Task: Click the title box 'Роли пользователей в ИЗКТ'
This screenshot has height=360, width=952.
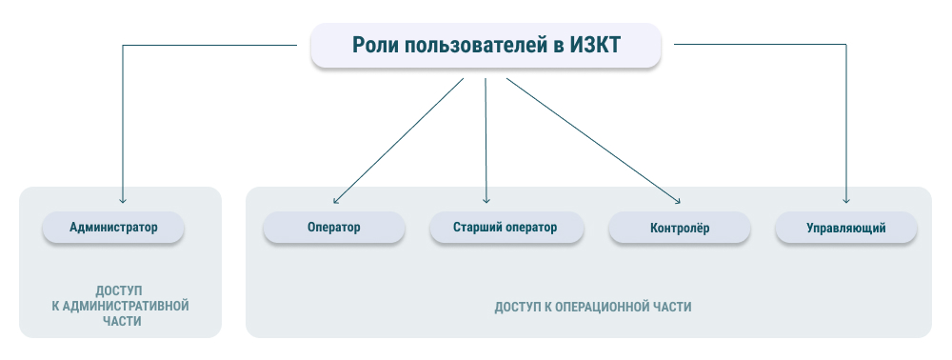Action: (x=486, y=46)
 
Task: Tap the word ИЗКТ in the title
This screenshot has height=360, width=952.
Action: (x=595, y=46)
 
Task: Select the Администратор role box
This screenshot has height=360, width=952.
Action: (x=113, y=228)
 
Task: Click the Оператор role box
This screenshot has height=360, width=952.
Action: (x=334, y=228)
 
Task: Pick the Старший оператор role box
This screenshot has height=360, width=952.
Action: (x=506, y=228)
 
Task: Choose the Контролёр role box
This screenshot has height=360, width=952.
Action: (x=680, y=229)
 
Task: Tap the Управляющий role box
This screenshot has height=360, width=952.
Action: (x=845, y=229)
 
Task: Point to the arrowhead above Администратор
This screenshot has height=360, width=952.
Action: (x=123, y=200)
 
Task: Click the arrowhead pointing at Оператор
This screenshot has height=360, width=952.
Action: (x=336, y=199)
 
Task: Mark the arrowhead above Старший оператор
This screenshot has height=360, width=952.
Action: (x=486, y=200)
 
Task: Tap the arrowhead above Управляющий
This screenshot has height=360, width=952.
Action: (x=845, y=200)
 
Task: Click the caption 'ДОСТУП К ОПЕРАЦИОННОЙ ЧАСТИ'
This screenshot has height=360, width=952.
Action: (x=592, y=307)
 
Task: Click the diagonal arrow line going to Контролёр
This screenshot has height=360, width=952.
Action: (x=593, y=141)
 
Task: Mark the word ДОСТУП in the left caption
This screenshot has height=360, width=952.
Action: (x=119, y=290)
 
